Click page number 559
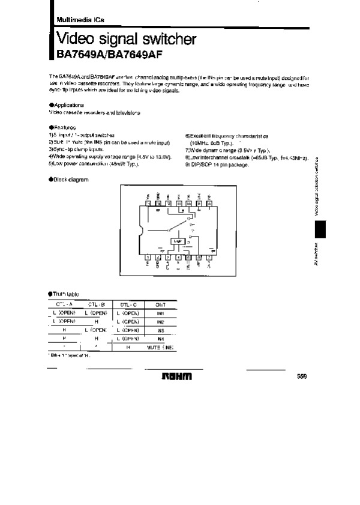pos(302,376)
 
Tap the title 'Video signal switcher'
pos(126,40)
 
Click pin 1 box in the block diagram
pos(148,257)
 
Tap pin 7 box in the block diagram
pos(208,257)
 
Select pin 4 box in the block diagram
pos(178,257)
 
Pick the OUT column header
pos(160,305)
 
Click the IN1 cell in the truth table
pos(160,313)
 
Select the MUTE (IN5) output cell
pos(160,347)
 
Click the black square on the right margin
pos(319,228)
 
